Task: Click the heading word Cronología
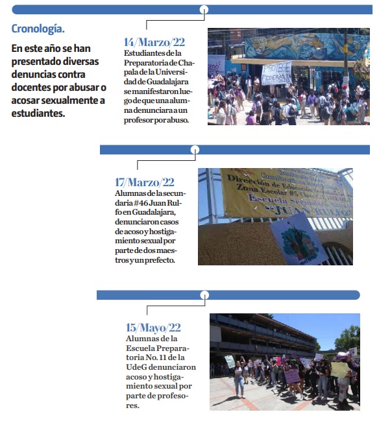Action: tap(38, 29)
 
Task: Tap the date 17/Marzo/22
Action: tap(145, 182)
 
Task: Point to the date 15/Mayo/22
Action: tap(153, 328)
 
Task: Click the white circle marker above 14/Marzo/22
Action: tap(204, 10)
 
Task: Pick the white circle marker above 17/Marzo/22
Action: tap(194, 150)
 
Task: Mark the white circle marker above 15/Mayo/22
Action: tap(204, 295)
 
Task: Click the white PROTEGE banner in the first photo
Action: tap(276, 73)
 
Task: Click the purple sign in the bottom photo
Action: tap(293, 376)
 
